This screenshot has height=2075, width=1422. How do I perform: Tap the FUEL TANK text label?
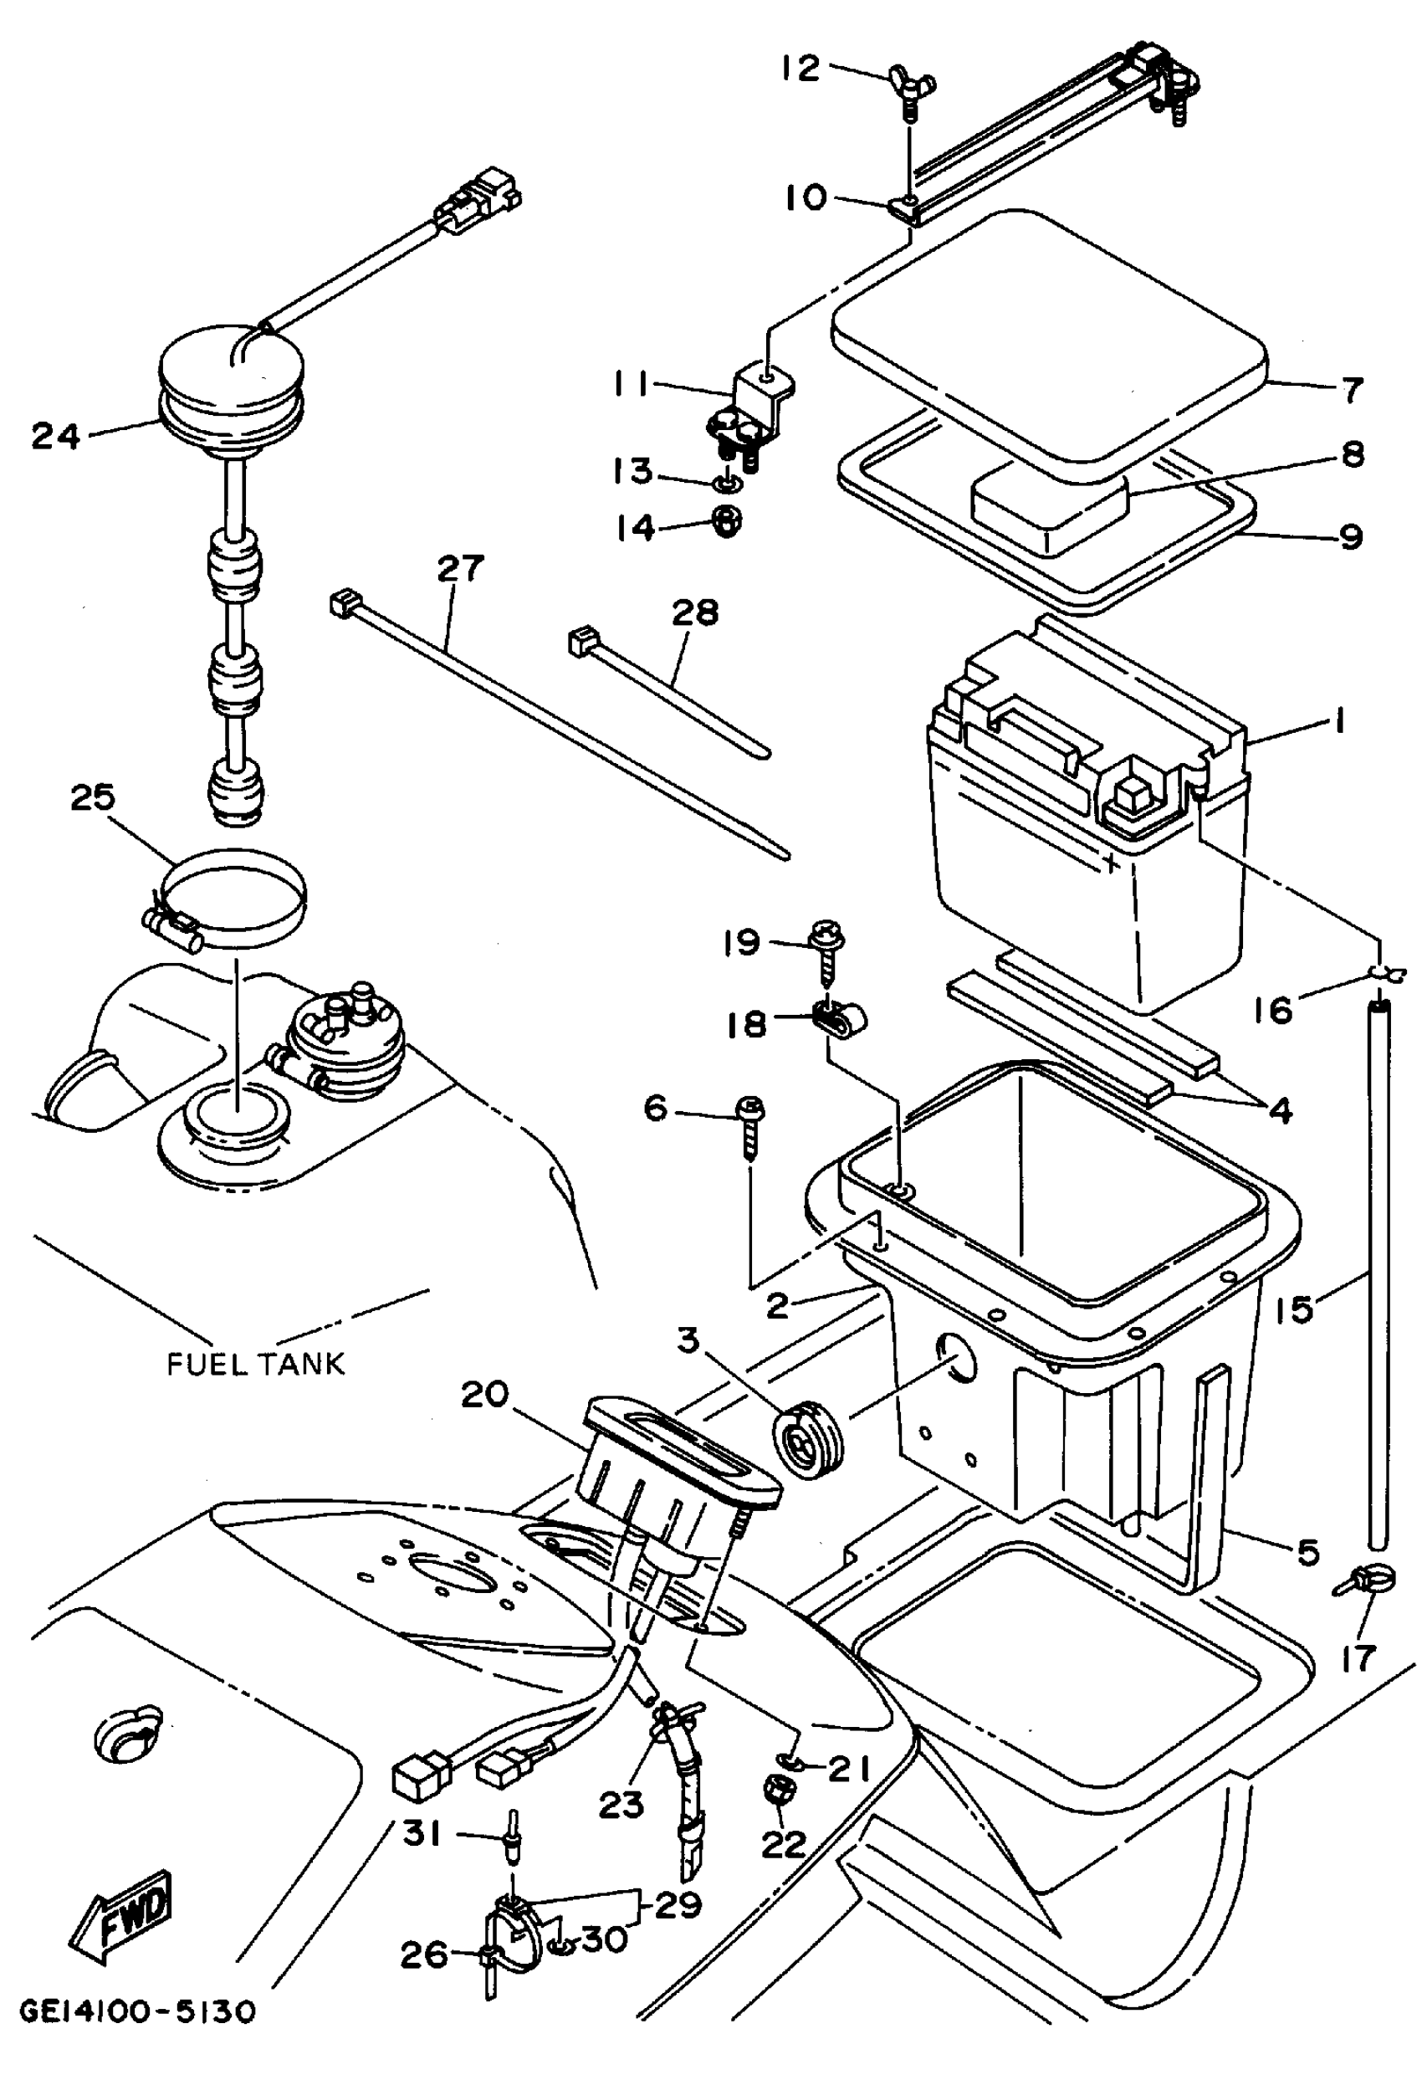[255, 1365]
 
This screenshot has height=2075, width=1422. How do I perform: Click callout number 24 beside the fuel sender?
[55, 437]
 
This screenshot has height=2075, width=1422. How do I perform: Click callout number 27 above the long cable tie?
[461, 569]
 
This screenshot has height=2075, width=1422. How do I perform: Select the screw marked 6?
[749, 1127]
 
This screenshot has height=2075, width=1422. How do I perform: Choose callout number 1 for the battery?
[1338, 720]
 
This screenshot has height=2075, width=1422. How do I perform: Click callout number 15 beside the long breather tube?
[1294, 1309]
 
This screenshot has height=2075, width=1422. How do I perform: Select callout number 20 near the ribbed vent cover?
[484, 1395]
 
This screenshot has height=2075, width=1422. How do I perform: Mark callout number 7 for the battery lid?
[1353, 390]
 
